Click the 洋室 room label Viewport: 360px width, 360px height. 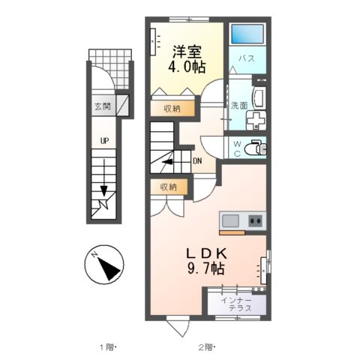[x=187, y=52]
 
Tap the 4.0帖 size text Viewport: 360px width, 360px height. [x=187, y=67]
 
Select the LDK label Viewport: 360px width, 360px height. [x=206, y=254]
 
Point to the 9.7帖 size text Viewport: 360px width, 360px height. [x=205, y=268]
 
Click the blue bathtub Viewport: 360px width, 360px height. [x=247, y=34]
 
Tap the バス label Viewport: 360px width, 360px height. [x=247, y=58]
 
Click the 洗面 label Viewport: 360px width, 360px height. [x=239, y=106]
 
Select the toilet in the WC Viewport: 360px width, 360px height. [x=255, y=149]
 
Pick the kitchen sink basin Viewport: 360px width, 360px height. [x=230, y=220]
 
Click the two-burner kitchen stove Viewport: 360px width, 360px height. [x=255, y=220]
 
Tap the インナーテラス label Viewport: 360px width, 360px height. [x=236, y=304]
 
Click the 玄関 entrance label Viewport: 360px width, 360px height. [x=103, y=106]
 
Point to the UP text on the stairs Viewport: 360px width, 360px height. [x=104, y=141]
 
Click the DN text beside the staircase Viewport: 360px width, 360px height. [x=197, y=161]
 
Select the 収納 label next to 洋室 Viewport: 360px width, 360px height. [x=172, y=109]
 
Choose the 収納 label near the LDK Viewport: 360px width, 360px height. [x=169, y=187]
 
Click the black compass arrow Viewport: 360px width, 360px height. [x=109, y=268]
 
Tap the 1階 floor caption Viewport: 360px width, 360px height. [x=108, y=347]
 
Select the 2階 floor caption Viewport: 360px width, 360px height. [x=207, y=347]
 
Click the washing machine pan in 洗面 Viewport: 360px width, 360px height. [x=256, y=121]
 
